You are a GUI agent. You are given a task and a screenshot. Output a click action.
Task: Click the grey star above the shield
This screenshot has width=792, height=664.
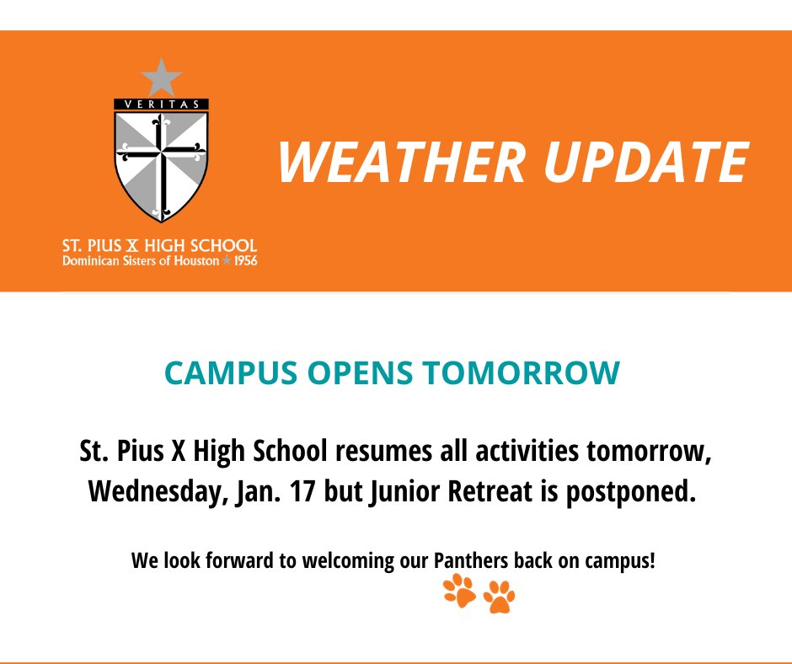(161, 78)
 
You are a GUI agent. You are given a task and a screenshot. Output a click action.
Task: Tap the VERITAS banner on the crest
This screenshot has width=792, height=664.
(161, 104)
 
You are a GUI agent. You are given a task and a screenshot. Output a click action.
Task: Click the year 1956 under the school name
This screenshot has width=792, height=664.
(245, 261)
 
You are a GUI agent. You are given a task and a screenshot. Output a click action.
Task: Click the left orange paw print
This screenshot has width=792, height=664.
(459, 592)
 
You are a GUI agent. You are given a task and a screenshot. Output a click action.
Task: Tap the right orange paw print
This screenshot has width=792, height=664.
(499, 597)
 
